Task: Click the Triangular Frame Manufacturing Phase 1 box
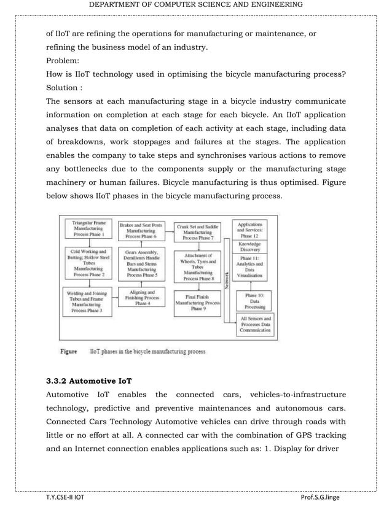pyautogui.click(x=88, y=229)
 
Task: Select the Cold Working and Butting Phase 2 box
pyautogui.click(x=88, y=263)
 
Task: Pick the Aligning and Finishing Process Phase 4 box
pyautogui.click(x=141, y=298)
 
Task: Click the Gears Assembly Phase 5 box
pyautogui.click(x=141, y=265)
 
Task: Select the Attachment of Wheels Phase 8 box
pyautogui.click(x=198, y=266)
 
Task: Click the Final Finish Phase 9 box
pyautogui.click(x=198, y=303)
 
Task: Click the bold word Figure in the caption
pyautogui.click(x=68, y=352)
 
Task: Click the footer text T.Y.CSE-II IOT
pyautogui.click(x=66, y=497)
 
